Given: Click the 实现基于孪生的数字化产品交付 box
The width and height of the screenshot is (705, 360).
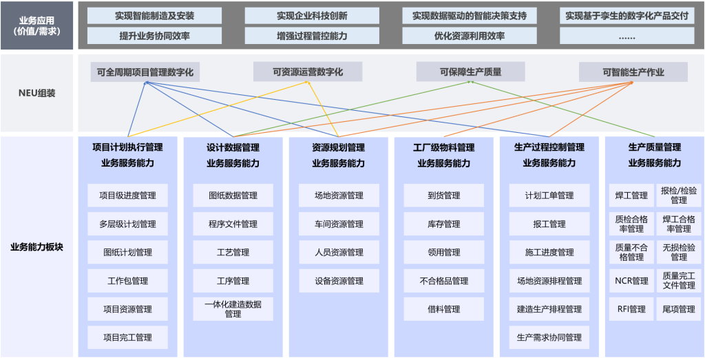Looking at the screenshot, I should coord(627,15).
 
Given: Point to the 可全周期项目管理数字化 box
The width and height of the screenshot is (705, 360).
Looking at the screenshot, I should coord(145,72).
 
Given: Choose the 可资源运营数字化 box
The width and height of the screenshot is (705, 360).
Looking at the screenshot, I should coord(307,72).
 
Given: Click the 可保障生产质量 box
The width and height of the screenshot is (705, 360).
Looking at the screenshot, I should coord(470,72).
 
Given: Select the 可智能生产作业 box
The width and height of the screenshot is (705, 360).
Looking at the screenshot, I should coord(633,72).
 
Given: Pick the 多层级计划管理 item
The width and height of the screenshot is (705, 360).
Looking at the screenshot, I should coord(127,224).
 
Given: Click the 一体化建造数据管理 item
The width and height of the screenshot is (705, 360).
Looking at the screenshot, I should coord(233,308).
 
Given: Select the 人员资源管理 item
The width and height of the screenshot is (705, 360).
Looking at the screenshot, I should coord(339,252).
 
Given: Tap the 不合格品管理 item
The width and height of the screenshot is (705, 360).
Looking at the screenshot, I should coord(443,281).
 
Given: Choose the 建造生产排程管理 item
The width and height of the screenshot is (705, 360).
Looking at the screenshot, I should coord(549,309).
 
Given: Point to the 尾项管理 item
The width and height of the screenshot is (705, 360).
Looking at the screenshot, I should coord(678,309).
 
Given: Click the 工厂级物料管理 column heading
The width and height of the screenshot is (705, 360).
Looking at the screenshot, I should coord(443,147).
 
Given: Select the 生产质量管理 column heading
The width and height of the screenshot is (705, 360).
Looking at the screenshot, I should coord(654,147).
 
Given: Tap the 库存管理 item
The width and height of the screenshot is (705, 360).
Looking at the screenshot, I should coord(443,224).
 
